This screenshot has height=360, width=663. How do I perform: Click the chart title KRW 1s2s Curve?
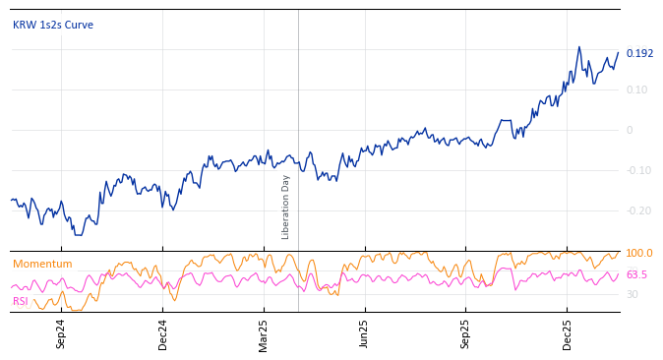[53, 26]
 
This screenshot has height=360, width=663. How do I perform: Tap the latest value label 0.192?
[639, 54]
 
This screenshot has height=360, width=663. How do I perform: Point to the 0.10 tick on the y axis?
[636, 90]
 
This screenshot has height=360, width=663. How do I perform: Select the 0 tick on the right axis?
[630, 131]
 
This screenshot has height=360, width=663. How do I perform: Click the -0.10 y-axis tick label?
[637, 171]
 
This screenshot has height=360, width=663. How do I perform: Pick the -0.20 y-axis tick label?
[637, 211]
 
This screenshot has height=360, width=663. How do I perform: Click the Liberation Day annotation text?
[286, 207]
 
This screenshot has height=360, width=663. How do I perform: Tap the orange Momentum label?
[42, 265]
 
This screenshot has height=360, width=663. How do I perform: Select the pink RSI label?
[21, 302]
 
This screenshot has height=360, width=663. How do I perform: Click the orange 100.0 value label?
[639, 254]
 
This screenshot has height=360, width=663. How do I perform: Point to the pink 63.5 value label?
[636, 275]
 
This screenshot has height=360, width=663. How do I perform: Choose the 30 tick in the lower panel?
[633, 295]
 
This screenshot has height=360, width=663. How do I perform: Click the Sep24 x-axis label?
[61, 333]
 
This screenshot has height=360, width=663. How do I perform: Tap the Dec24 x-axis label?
[163, 333]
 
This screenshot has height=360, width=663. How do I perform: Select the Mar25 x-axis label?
[264, 333]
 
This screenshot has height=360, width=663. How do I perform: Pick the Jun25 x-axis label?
[364, 333]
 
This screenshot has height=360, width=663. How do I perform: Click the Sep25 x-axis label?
[465, 333]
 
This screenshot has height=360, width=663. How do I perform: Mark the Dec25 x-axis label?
[567, 333]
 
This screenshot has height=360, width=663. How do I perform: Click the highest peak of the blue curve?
[579, 46]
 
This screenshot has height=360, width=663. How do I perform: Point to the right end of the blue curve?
[619, 53]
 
